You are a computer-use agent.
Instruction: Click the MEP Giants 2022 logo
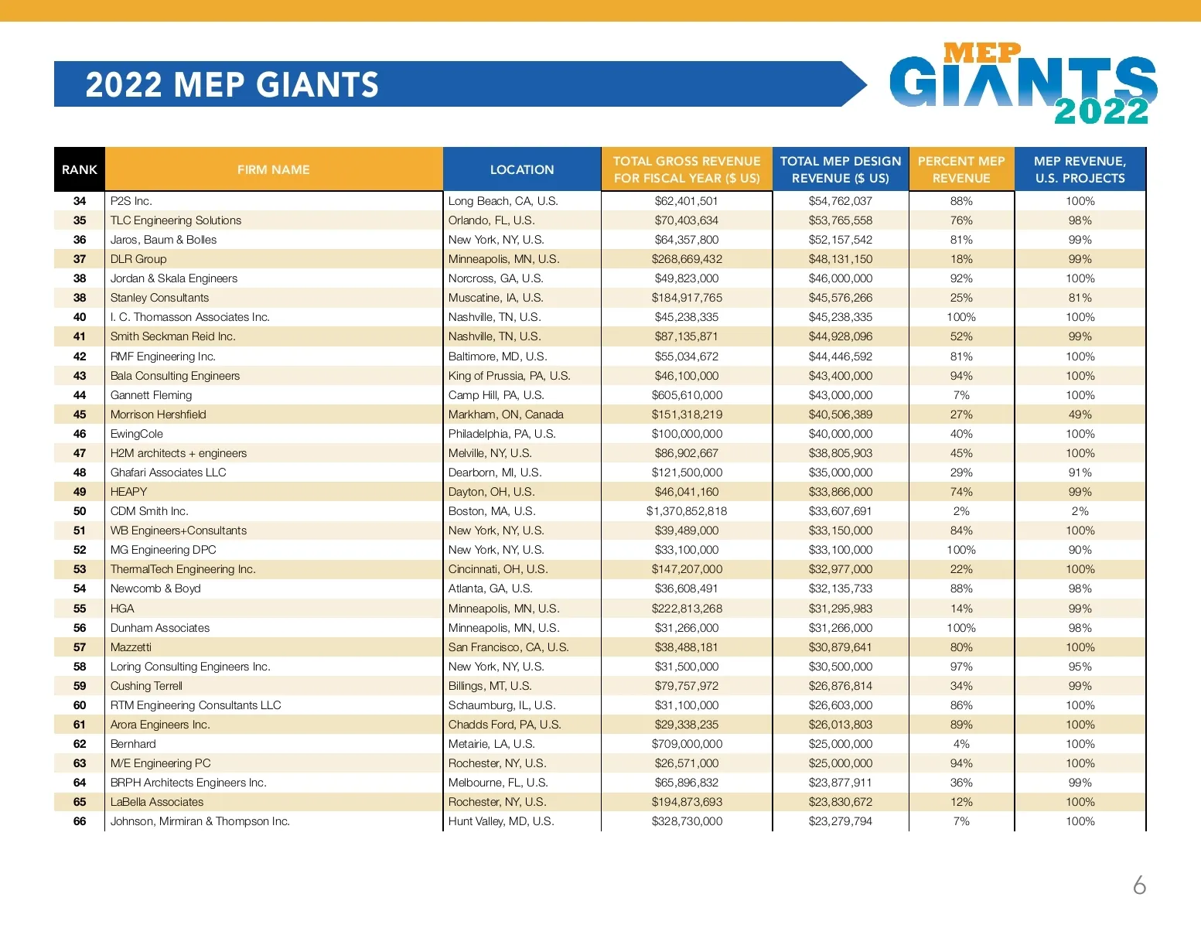point(1022,84)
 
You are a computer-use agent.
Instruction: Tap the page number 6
point(1139,885)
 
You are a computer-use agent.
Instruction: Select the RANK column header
point(80,169)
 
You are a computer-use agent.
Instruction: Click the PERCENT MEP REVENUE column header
point(961,169)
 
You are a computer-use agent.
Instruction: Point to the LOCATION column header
point(522,169)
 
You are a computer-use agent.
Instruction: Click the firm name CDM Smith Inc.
point(149,511)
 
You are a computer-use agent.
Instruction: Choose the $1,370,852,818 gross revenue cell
point(687,511)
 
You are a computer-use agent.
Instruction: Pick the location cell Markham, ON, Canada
point(506,415)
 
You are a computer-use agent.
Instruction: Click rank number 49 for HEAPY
point(80,492)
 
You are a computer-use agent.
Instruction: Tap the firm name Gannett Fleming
point(151,395)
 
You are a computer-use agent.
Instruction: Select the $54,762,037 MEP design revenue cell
point(841,201)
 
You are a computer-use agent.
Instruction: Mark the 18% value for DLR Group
point(961,259)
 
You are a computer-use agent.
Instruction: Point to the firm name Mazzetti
point(131,647)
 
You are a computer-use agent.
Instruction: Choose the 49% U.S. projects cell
point(1080,415)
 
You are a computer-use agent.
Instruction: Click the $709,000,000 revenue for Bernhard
point(687,744)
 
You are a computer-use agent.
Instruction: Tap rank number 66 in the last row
point(80,821)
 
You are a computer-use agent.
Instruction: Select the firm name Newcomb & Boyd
point(155,589)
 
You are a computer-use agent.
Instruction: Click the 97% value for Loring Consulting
point(961,667)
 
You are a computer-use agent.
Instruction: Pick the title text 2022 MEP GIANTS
point(232,84)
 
